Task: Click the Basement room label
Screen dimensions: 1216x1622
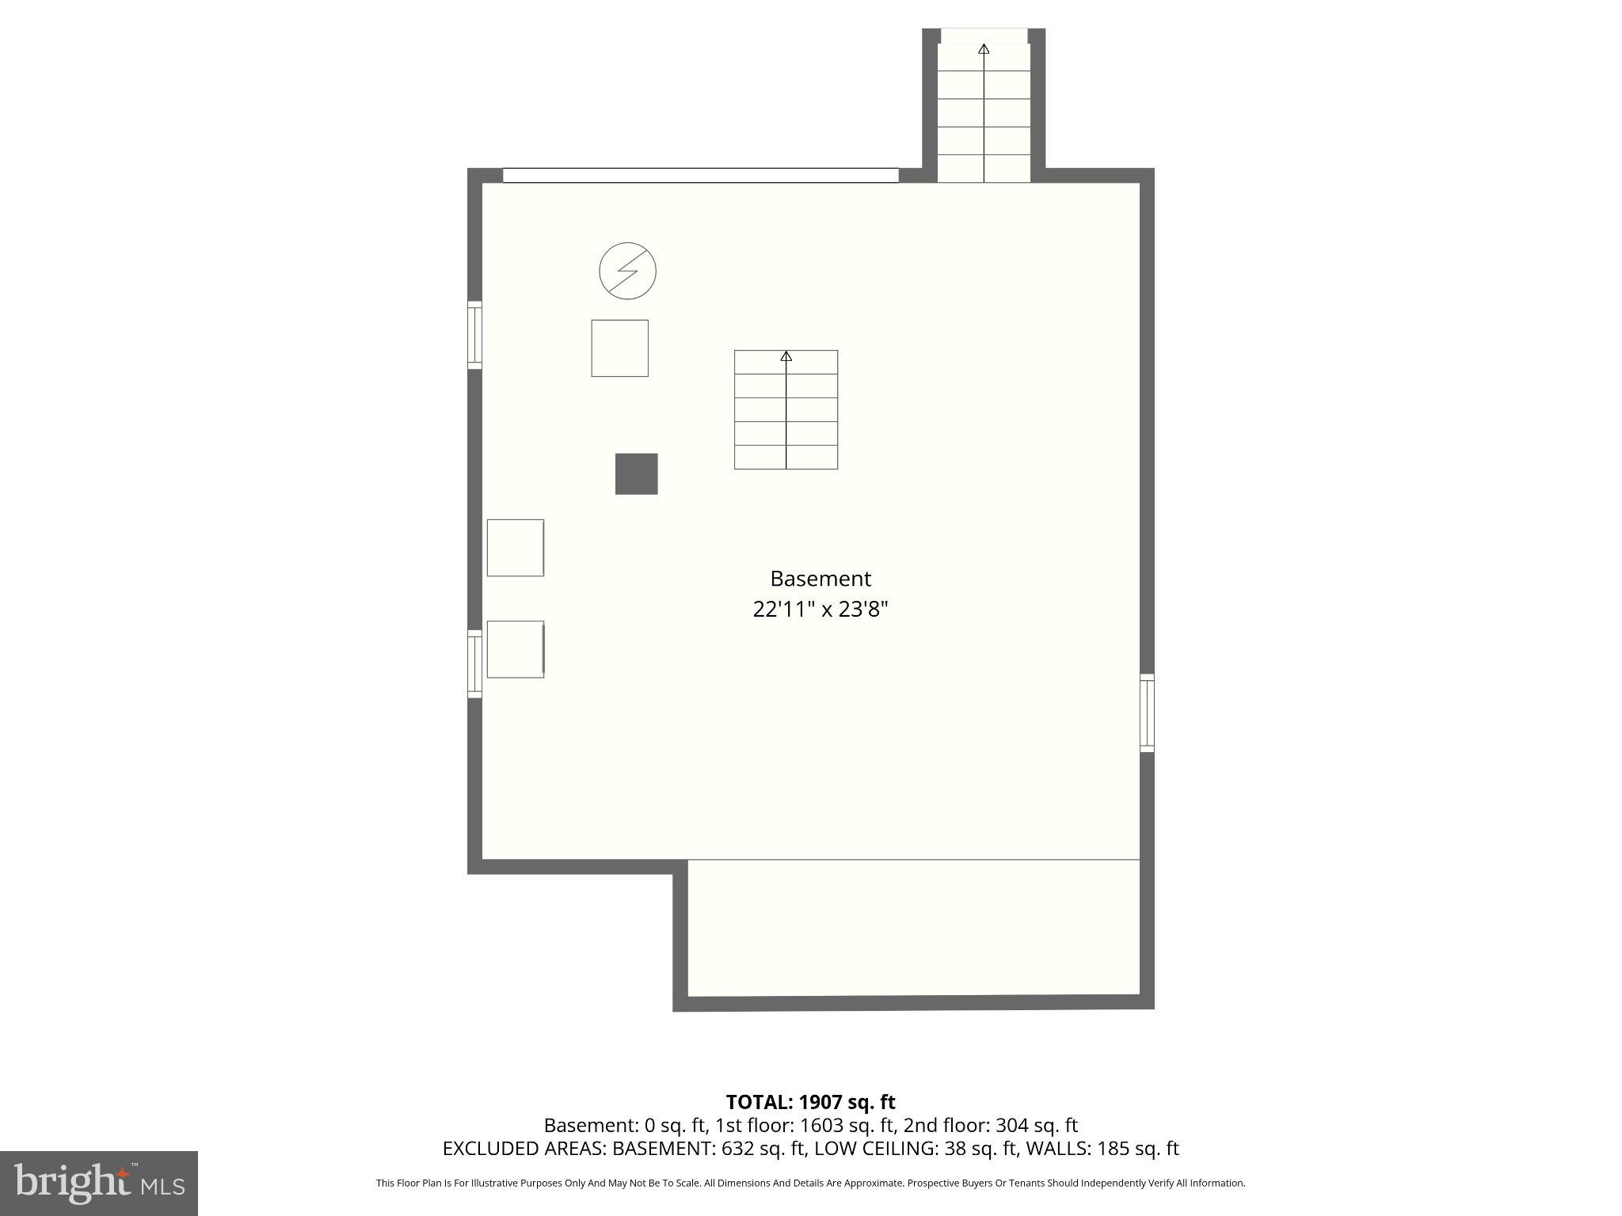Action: click(x=820, y=579)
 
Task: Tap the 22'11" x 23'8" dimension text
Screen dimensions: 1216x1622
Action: click(x=820, y=610)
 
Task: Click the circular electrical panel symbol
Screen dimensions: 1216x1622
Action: click(x=627, y=271)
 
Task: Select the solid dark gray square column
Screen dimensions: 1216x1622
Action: click(x=636, y=473)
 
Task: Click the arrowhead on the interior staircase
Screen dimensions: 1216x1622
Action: click(x=786, y=357)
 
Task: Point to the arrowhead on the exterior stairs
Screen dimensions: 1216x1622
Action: click(x=984, y=49)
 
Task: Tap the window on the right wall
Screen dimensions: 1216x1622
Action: click(x=1146, y=712)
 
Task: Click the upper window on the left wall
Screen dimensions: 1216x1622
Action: click(x=474, y=334)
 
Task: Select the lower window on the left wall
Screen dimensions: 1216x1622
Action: click(x=474, y=663)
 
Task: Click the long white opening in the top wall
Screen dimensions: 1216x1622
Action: click(x=700, y=175)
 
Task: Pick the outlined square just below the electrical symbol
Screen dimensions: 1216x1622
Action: click(x=619, y=348)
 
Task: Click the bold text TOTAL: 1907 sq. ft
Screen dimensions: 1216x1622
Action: click(x=810, y=1102)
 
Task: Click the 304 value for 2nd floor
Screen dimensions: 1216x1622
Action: click(x=1011, y=1126)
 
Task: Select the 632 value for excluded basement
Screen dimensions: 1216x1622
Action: click(x=726, y=1149)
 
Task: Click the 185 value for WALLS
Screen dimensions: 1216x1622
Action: click(x=1114, y=1149)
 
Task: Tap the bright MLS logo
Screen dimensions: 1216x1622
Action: click(x=99, y=1183)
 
